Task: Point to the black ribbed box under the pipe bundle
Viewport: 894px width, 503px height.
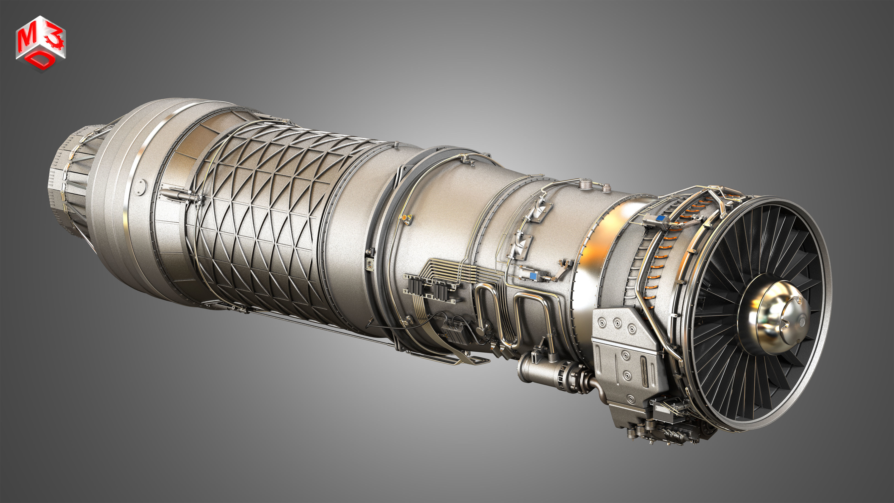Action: (x=454, y=335)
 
